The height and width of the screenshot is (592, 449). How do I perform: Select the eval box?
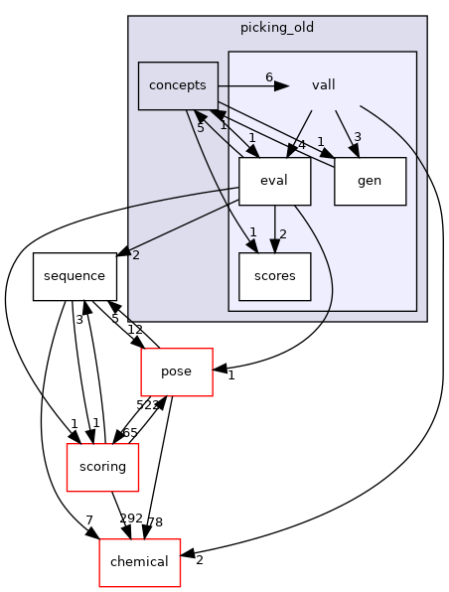[x=275, y=182]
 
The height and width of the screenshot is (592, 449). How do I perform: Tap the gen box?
[x=370, y=182]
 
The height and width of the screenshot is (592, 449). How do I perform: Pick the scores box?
[x=275, y=276]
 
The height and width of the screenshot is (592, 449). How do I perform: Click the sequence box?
[x=75, y=277]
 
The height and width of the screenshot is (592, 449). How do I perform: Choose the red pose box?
[x=177, y=371]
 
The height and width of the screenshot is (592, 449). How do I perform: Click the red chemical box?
[x=139, y=562]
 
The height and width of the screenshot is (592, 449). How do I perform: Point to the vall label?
[x=323, y=85]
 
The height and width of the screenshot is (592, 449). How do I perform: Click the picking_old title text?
[x=277, y=27]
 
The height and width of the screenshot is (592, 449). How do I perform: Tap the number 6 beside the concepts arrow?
[x=268, y=77]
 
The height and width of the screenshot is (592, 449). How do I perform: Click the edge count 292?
[x=131, y=518]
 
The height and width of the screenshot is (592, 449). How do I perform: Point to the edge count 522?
[x=147, y=405]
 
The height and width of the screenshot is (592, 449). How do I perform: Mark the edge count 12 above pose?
[x=135, y=330]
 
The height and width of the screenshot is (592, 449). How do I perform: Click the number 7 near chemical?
[x=88, y=521]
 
